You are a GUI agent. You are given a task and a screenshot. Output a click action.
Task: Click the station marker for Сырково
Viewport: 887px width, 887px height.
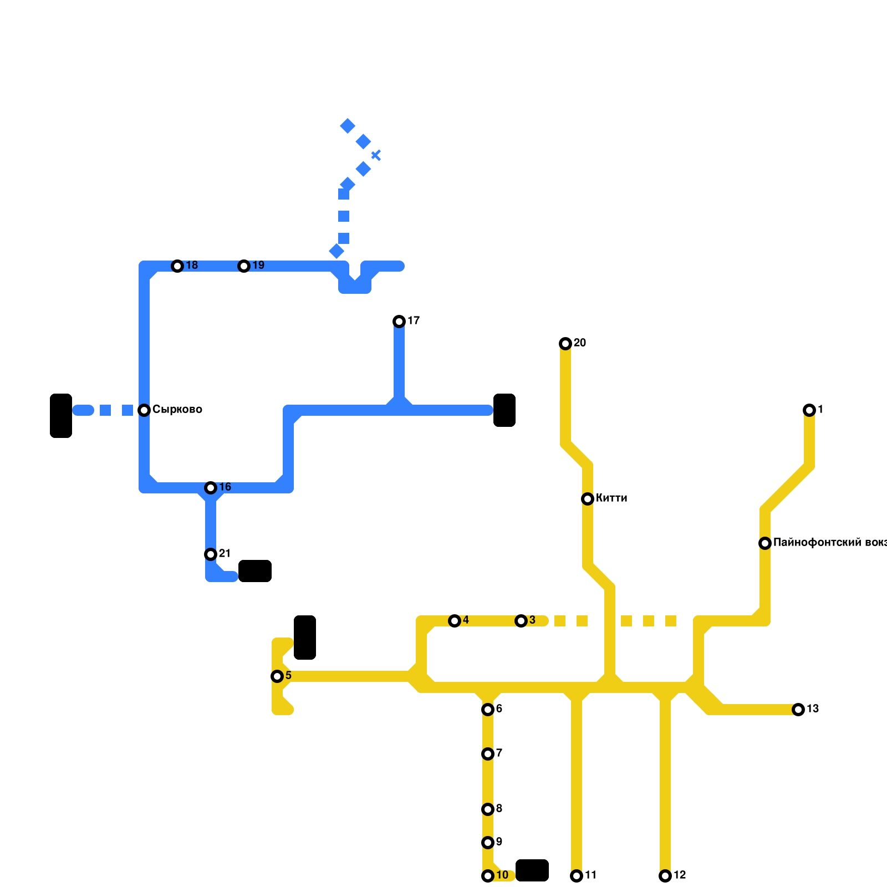click(x=144, y=410)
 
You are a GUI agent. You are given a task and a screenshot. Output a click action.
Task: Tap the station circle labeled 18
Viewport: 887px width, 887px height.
click(x=177, y=266)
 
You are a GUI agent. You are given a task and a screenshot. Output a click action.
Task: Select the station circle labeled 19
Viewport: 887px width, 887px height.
click(x=244, y=266)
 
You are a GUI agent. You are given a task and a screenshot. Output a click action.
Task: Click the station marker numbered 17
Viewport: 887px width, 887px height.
click(x=399, y=322)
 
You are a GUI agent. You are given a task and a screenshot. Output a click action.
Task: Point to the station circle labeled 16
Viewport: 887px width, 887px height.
click(x=211, y=488)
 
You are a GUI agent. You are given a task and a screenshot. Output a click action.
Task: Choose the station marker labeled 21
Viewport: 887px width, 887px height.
click(x=211, y=554)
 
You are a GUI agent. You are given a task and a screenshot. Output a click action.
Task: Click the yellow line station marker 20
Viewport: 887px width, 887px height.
click(x=565, y=344)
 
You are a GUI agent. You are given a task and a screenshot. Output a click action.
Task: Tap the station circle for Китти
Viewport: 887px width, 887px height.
click(x=588, y=499)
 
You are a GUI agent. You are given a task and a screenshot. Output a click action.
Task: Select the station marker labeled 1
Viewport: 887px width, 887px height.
click(x=809, y=410)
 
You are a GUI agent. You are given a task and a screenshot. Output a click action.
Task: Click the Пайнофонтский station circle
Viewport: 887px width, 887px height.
click(x=765, y=543)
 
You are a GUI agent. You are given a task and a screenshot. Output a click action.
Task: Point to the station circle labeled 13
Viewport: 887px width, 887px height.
click(x=798, y=710)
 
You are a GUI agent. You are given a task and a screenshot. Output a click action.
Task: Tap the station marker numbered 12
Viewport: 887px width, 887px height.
click(x=665, y=876)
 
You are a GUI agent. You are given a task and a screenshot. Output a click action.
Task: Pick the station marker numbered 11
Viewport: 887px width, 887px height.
click(x=577, y=876)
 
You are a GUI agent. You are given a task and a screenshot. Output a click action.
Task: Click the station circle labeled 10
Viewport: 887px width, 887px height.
click(x=488, y=876)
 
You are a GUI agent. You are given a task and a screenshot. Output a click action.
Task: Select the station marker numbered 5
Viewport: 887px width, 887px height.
click(x=277, y=676)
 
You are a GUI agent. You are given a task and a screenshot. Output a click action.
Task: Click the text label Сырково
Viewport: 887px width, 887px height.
click(x=177, y=410)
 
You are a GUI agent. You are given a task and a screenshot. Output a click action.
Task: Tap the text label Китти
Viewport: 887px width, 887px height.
click(x=611, y=498)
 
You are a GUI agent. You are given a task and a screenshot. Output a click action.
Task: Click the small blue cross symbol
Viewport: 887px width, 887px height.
click(x=376, y=155)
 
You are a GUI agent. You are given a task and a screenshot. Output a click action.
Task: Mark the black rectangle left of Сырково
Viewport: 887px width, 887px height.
click(x=61, y=416)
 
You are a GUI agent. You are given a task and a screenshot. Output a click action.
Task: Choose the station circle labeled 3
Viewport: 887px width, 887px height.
click(x=521, y=621)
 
